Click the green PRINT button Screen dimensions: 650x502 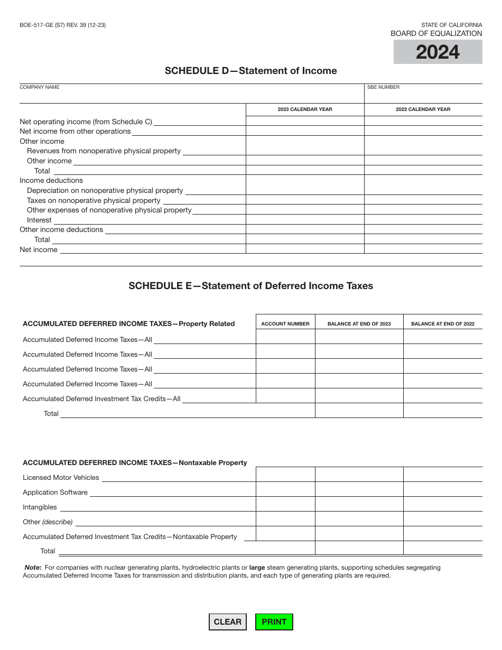pyautogui.click(x=274, y=622)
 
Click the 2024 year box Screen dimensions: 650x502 pyautogui.click(x=438, y=52)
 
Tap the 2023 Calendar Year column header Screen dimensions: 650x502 pyautogui.click(x=305, y=109)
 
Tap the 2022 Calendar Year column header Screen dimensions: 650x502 pyautogui.click(x=423, y=109)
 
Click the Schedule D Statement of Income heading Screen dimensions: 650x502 pyautogui.click(x=250, y=71)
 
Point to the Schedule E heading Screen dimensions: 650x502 pyautogui.click(x=250, y=286)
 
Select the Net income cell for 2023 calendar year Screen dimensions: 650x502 pyautogui.click(x=305, y=249)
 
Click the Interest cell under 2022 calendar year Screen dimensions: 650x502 pyautogui.click(x=423, y=219)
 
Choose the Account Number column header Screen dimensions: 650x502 pyautogui.click(x=285, y=324)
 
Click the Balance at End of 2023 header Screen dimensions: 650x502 pyautogui.click(x=359, y=324)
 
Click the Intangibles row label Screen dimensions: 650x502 pyautogui.click(x=40, y=507)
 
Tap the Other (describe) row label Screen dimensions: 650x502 pyautogui.click(x=48, y=522)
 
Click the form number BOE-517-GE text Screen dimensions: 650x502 pyautogui.click(x=62, y=25)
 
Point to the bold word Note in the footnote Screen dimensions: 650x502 pyautogui.click(x=33, y=568)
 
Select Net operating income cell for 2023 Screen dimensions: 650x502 pyautogui.click(x=305, y=121)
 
